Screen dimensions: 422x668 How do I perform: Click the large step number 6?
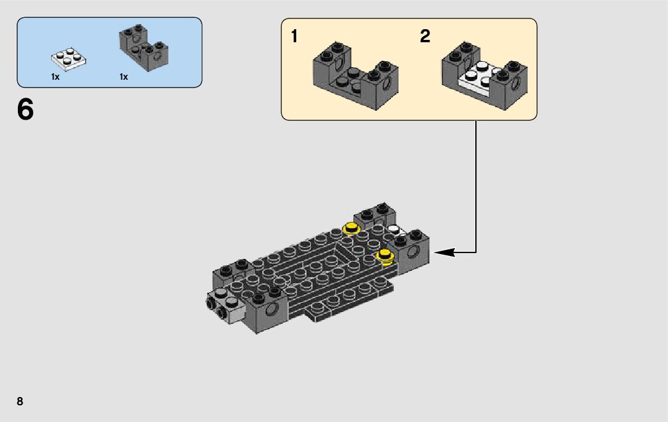(x=26, y=110)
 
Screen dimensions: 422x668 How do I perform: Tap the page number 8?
(x=20, y=401)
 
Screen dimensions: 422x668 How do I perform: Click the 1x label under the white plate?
(x=55, y=77)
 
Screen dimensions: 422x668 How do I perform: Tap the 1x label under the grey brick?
(x=124, y=77)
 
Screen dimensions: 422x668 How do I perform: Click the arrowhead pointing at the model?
(x=443, y=252)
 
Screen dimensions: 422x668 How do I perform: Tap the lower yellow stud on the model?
(x=386, y=255)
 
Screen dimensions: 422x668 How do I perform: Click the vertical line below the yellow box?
(x=476, y=185)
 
